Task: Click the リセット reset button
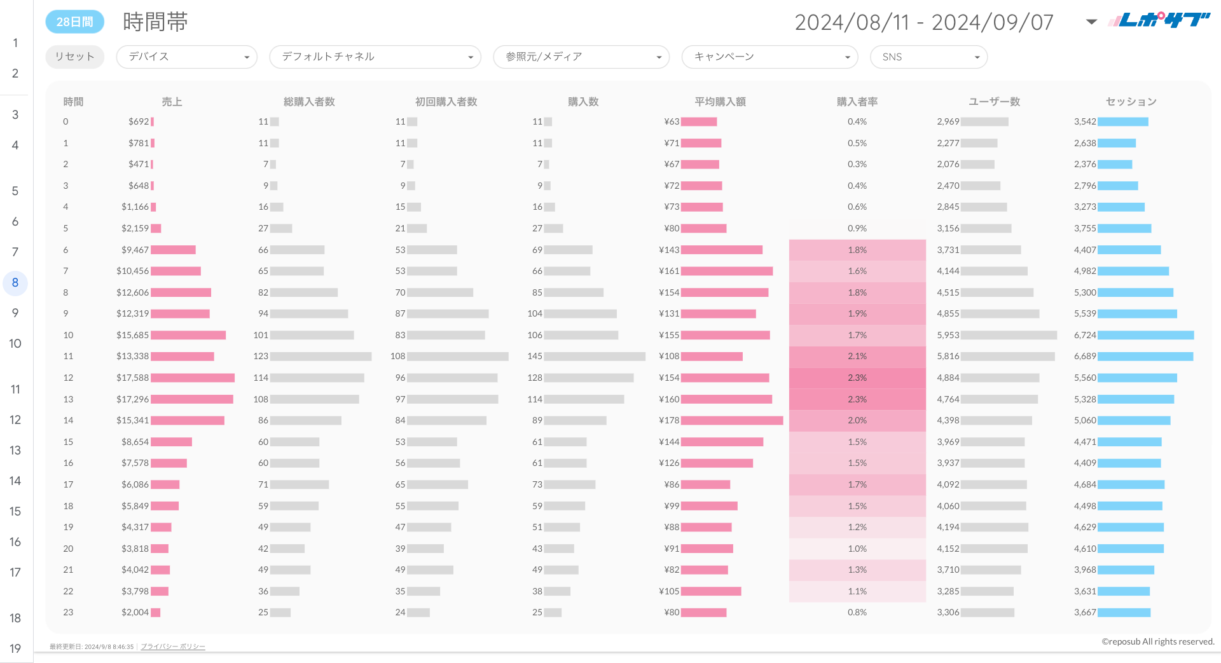[x=74, y=57]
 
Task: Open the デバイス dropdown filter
[x=186, y=57]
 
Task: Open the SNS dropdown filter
[x=928, y=57]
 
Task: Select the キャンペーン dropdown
[x=769, y=57]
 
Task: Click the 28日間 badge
[x=74, y=22]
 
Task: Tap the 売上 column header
[x=172, y=102]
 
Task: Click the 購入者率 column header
[x=857, y=102]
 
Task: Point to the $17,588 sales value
[x=132, y=378]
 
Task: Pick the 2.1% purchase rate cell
[x=857, y=356]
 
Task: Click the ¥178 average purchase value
[x=669, y=420]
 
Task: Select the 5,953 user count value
[x=948, y=335]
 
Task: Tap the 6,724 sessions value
[x=1085, y=335]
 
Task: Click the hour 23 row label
[x=68, y=612]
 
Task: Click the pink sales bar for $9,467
[x=173, y=250]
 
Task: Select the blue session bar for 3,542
[x=1122, y=121]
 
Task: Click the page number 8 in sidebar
[x=15, y=282]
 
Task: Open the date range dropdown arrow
[x=1091, y=22]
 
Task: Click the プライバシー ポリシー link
[x=172, y=646]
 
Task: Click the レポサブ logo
[x=1159, y=20]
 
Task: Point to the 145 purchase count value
[x=535, y=356]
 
